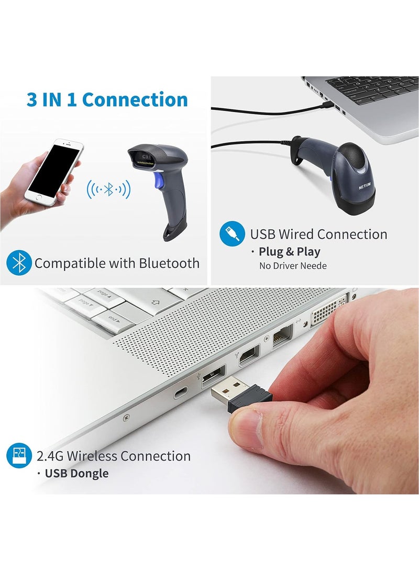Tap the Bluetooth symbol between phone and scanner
coord(108,189)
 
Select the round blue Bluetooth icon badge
coord(19,263)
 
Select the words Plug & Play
coord(289,252)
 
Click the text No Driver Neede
coord(293,266)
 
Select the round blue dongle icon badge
coord(19,456)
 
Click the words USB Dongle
coord(76,474)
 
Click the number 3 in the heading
coord(32,99)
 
